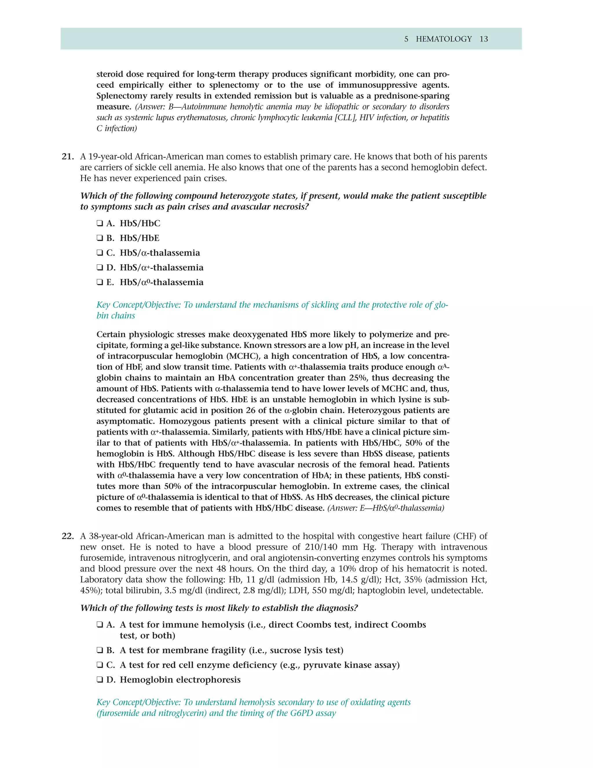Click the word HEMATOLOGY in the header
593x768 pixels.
[444, 39]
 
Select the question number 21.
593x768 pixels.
[67, 156]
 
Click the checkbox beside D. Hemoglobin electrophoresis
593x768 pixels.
[100, 680]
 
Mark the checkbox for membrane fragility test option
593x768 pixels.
[100, 650]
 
